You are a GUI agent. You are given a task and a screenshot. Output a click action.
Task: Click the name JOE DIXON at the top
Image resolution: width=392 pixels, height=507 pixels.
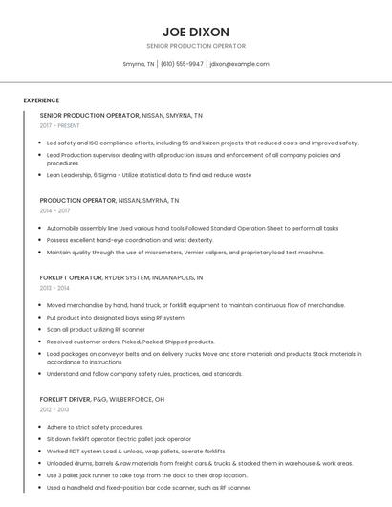(x=196, y=31)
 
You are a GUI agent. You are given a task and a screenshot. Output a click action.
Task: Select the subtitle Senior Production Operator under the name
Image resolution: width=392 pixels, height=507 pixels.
(x=196, y=46)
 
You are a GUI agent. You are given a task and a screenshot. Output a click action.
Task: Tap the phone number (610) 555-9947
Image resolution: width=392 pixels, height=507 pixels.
(x=182, y=64)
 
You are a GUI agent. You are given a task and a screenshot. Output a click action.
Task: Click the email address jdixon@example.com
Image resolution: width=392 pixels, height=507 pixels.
(x=239, y=64)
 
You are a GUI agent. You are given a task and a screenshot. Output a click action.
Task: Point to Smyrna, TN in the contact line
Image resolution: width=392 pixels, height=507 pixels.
(x=139, y=64)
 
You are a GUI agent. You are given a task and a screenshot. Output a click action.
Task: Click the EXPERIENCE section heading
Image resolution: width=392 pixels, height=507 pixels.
(x=41, y=100)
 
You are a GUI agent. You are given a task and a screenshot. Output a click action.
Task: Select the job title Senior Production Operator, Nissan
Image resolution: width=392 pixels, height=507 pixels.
(x=120, y=115)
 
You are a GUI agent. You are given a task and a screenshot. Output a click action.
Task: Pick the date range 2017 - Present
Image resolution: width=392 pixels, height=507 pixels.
(x=59, y=125)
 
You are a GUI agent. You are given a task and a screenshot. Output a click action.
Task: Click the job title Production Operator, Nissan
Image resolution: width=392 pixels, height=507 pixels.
(x=109, y=201)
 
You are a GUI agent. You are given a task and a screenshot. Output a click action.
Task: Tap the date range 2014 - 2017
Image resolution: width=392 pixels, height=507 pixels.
(x=54, y=210)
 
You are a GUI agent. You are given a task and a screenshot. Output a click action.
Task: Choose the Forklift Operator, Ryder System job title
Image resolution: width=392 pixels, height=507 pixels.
(x=120, y=277)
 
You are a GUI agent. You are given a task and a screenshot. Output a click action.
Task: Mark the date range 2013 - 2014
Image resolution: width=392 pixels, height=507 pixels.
(x=54, y=287)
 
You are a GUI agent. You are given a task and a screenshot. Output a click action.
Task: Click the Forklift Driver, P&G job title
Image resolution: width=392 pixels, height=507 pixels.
(x=101, y=399)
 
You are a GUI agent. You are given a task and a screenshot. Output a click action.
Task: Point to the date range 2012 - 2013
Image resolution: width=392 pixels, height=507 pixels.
(x=54, y=409)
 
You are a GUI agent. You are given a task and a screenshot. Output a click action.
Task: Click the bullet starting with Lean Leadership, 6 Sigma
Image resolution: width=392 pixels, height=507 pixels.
(x=149, y=175)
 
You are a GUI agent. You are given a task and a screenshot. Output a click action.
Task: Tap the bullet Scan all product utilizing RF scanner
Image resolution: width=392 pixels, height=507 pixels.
(x=96, y=329)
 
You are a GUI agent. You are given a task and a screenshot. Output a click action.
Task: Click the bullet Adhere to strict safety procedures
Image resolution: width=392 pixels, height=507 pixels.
(x=95, y=427)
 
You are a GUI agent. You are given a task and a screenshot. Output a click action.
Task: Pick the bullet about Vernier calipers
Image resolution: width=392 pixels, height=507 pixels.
(x=185, y=253)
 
